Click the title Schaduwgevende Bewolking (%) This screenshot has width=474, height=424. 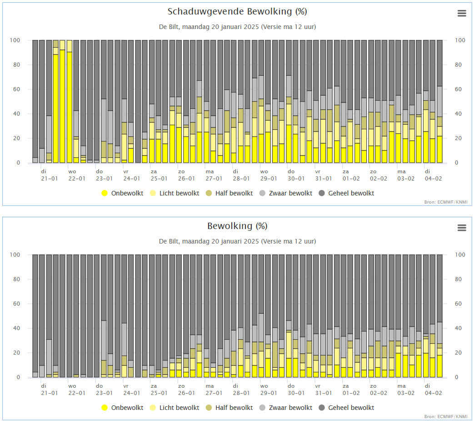pos(237,11)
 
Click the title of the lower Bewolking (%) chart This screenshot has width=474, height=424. pos(237,226)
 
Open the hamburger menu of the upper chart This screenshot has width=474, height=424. pos(462,13)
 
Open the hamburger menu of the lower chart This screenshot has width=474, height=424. pos(462,228)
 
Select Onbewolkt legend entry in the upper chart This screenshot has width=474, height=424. pos(122,193)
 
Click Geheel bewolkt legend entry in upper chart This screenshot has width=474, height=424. pos(346,193)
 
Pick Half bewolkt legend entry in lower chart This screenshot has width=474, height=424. pos(229,408)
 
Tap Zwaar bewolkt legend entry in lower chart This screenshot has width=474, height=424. pos(286,408)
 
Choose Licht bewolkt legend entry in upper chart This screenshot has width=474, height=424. pos(175,193)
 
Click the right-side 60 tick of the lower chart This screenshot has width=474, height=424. pos(458,304)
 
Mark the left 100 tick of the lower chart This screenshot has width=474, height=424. pos(15,254)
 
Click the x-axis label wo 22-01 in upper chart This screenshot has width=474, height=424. pos(77,175)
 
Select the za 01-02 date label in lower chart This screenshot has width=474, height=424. pos(351,390)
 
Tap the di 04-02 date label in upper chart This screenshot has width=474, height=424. pos(433,175)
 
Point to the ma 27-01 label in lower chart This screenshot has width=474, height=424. pos(214,390)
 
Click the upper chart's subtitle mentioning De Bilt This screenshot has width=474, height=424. pos(237,27)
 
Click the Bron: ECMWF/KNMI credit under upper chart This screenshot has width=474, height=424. pos(445,202)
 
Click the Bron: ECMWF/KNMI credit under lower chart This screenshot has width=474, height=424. pos(445,416)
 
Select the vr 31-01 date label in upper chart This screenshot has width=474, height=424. pos(324,175)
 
